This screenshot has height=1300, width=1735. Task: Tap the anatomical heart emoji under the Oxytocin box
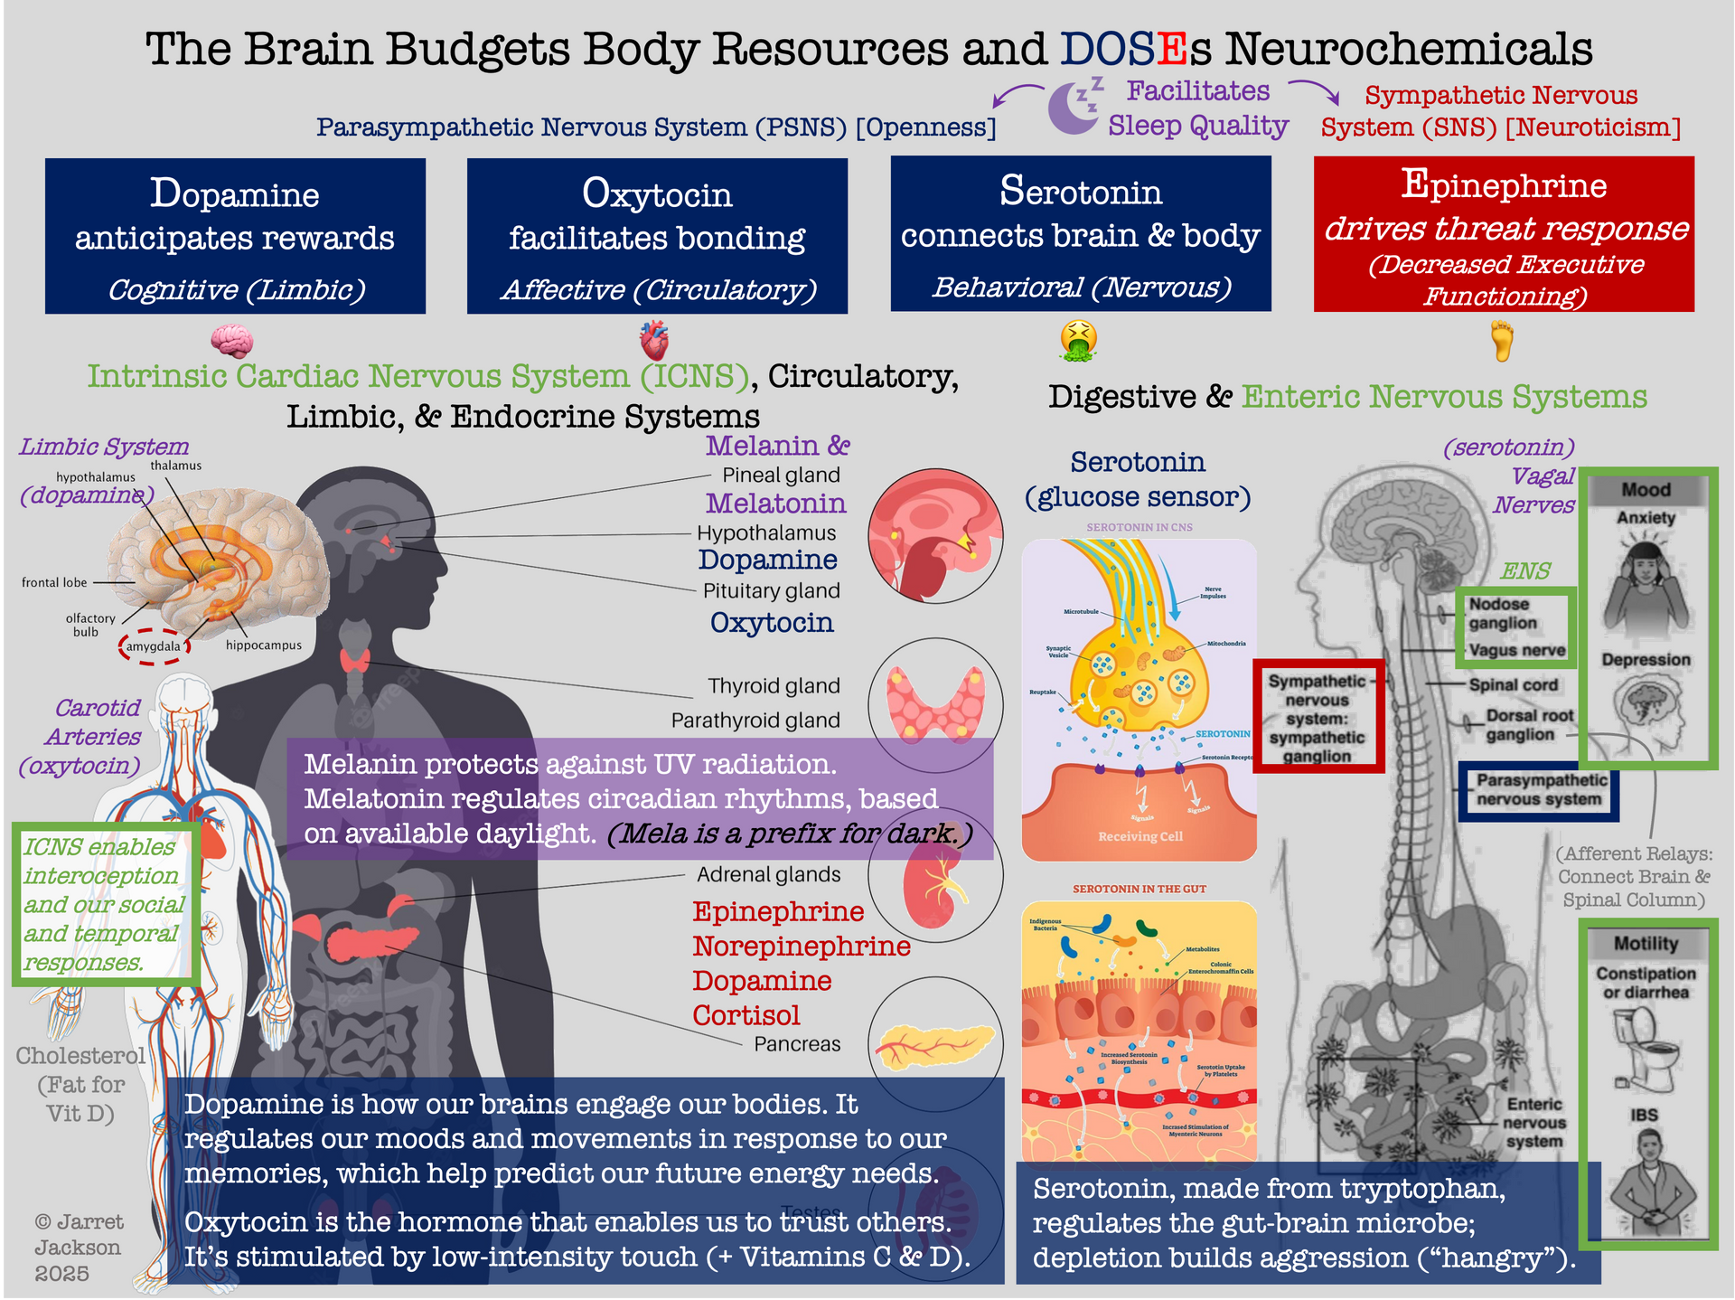pyautogui.click(x=653, y=341)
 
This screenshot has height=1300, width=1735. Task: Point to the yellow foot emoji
pyautogui.click(x=1501, y=342)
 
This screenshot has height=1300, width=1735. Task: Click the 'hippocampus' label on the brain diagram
pyautogui.click(x=263, y=645)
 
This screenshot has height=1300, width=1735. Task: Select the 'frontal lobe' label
pyautogui.click(x=54, y=582)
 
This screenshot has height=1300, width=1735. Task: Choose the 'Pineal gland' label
pyautogui.click(x=781, y=476)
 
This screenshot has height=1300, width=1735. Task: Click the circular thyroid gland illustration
pyautogui.click(x=935, y=705)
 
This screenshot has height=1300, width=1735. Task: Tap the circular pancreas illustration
pyautogui.click(x=935, y=1044)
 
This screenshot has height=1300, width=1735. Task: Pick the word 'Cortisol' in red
pyautogui.click(x=746, y=1015)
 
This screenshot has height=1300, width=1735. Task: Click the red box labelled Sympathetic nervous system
pyautogui.click(x=1318, y=717)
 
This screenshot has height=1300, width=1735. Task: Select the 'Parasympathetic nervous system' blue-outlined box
pyautogui.click(x=1540, y=790)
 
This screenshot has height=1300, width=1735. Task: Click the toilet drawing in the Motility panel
pyautogui.click(x=1646, y=1048)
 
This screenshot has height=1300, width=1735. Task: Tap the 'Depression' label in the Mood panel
pyautogui.click(x=1646, y=660)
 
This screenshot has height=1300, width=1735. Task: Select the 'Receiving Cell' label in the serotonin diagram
pyautogui.click(x=1139, y=836)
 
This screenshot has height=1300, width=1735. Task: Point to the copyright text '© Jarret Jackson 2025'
pyautogui.click(x=78, y=1248)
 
